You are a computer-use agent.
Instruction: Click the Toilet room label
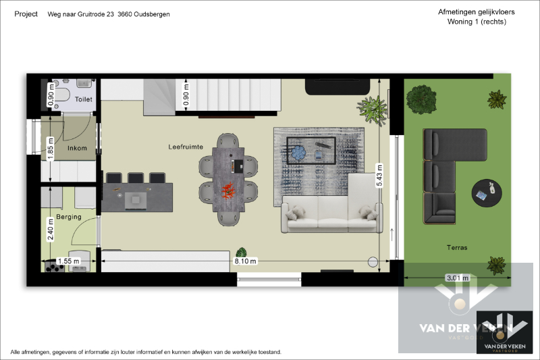pyautogui.click(x=84, y=99)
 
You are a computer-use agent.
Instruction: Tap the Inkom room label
pyautogui.click(x=78, y=148)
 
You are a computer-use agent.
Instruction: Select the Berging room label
pyautogui.click(x=70, y=217)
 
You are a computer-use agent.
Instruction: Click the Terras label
pyautogui.click(x=456, y=248)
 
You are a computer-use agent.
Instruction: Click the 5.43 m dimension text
pyautogui.click(x=380, y=176)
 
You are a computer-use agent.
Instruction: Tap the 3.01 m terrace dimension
pyautogui.click(x=457, y=278)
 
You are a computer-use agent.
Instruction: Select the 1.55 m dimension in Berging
pyautogui.click(x=69, y=261)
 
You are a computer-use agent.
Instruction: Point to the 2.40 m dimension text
pyautogui.click(x=51, y=234)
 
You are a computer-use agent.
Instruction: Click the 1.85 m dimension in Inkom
pyautogui.click(x=51, y=148)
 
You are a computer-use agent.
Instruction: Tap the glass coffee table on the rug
pyautogui.click(x=311, y=149)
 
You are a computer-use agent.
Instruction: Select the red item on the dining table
pyautogui.click(x=228, y=190)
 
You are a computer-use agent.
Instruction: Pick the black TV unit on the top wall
pyautogui.click(x=337, y=86)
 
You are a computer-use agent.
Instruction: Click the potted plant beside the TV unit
pyautogui.click(x=372, y=108)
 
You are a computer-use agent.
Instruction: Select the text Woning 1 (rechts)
pyautogui.click(x=477, y=22)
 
